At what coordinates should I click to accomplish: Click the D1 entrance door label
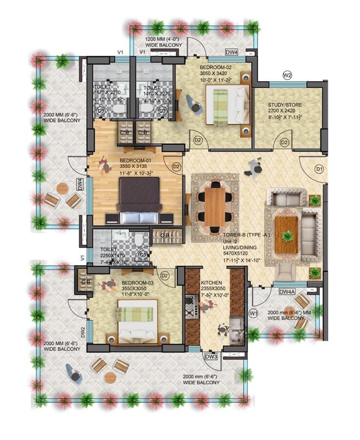click(319, 169)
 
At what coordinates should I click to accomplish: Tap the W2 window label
click(287, 75)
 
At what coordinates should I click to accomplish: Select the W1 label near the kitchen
click(253, 312)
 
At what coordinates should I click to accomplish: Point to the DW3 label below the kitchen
click(211, 356)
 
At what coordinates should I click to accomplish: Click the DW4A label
click(287, 292)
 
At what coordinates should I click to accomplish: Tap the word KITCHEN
click(211, 283)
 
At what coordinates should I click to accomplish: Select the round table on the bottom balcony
click(110, 377)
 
